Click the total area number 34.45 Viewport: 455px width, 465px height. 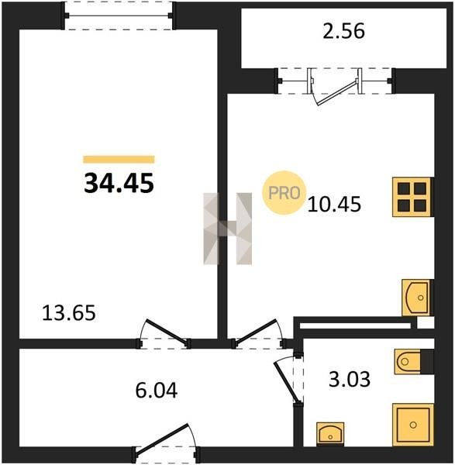point(119,183)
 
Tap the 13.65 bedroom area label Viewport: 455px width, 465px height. point(69,313)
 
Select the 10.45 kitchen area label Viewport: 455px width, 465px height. point(334,205)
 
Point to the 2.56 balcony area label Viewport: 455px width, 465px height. point(344,32)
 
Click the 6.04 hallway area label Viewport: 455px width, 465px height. point(157,391)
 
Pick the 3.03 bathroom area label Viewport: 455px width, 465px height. point(350,379)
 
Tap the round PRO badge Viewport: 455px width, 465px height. point(284,193)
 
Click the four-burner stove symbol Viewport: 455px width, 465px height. point(412,197)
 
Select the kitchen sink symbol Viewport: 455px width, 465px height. point(417,298)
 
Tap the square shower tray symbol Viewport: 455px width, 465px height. point(413,425)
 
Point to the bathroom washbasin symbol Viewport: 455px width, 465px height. point(330,434)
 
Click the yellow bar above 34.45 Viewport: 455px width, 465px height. point(119,160)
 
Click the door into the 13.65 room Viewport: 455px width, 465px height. point(164,333)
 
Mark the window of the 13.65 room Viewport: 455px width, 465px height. point(119,15)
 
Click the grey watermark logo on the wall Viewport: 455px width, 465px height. point(228,229)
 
